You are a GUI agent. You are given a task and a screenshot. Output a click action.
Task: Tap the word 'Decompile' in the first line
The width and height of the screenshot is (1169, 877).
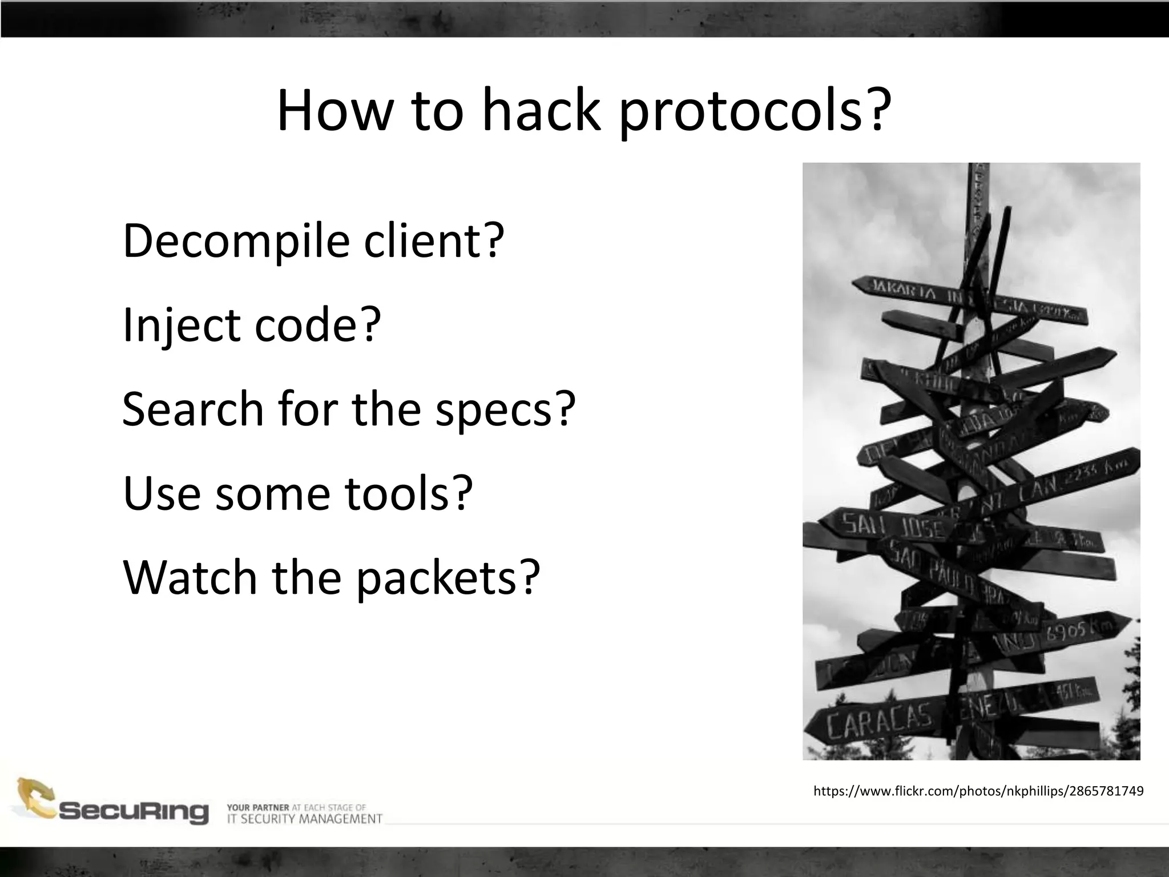[x=236, y=241]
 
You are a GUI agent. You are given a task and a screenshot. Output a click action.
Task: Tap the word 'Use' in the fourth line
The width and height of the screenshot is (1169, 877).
[x=162, y=492]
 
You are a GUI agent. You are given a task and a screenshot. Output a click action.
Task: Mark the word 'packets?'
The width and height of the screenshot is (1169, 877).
[x=448, y=578]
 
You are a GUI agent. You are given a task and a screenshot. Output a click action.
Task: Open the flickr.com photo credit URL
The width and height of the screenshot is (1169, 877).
[x=978, y=791]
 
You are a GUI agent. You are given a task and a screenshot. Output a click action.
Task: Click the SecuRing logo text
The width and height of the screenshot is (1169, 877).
[x=134, y=811]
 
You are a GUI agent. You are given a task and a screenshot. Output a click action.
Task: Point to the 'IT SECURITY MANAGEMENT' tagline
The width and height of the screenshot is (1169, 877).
[x=304, y=819]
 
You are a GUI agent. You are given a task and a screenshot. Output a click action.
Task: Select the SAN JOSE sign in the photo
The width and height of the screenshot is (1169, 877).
[x=890, y=526]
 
